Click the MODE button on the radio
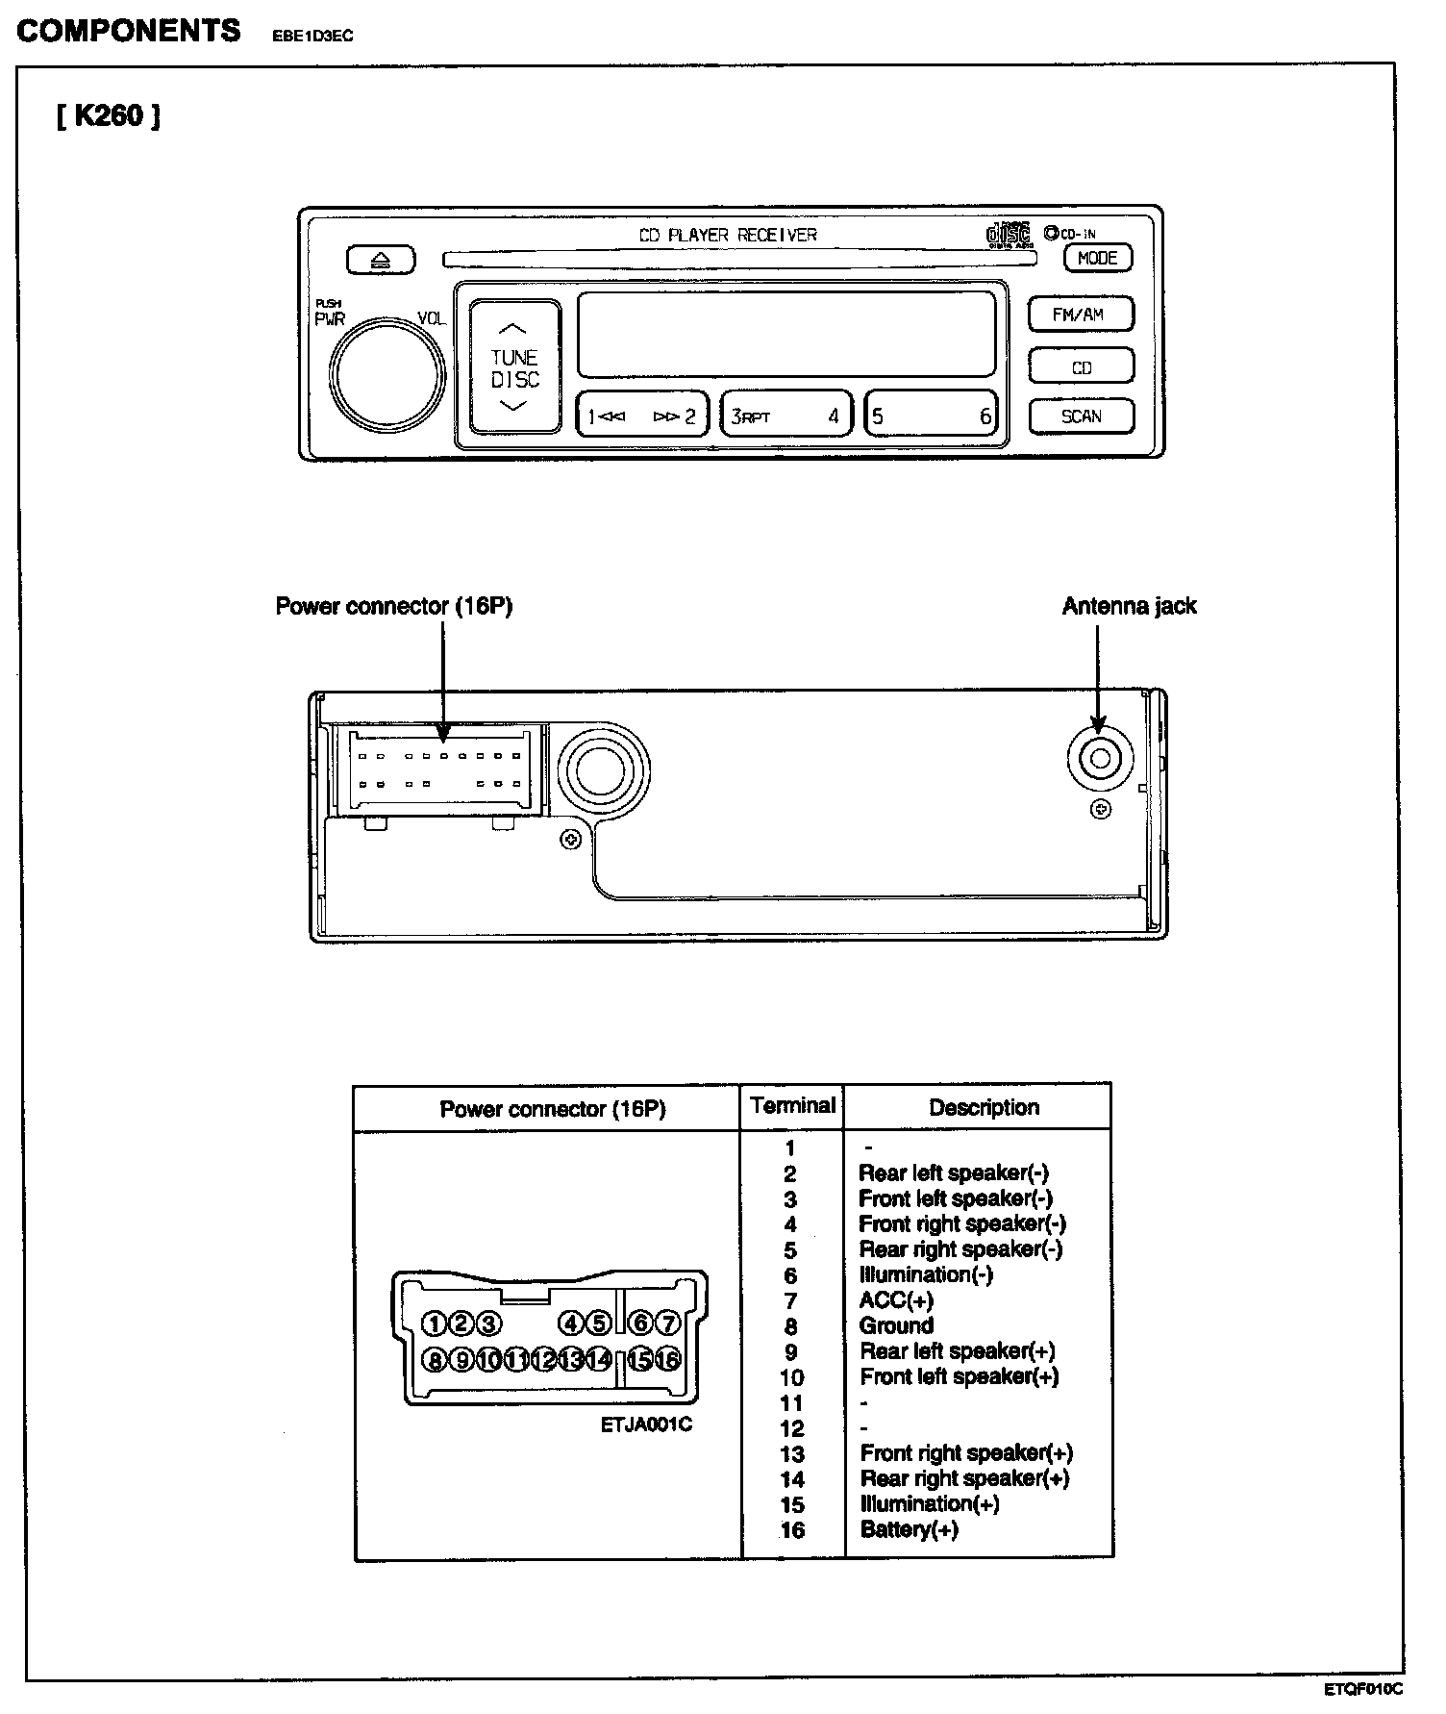1097,258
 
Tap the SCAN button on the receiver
1081,416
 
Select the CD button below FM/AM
1081,367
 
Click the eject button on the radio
381,260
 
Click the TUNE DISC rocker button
514,366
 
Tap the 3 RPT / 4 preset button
785,416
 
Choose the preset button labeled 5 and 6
931,416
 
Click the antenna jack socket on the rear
1101,759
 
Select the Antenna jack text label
1129,606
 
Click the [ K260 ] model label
108,116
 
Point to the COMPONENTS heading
129,31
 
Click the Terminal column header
792,1106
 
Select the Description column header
984,1107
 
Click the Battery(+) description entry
909,1529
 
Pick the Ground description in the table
896,1325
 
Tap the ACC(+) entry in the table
896,1300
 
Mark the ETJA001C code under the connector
646,1425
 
